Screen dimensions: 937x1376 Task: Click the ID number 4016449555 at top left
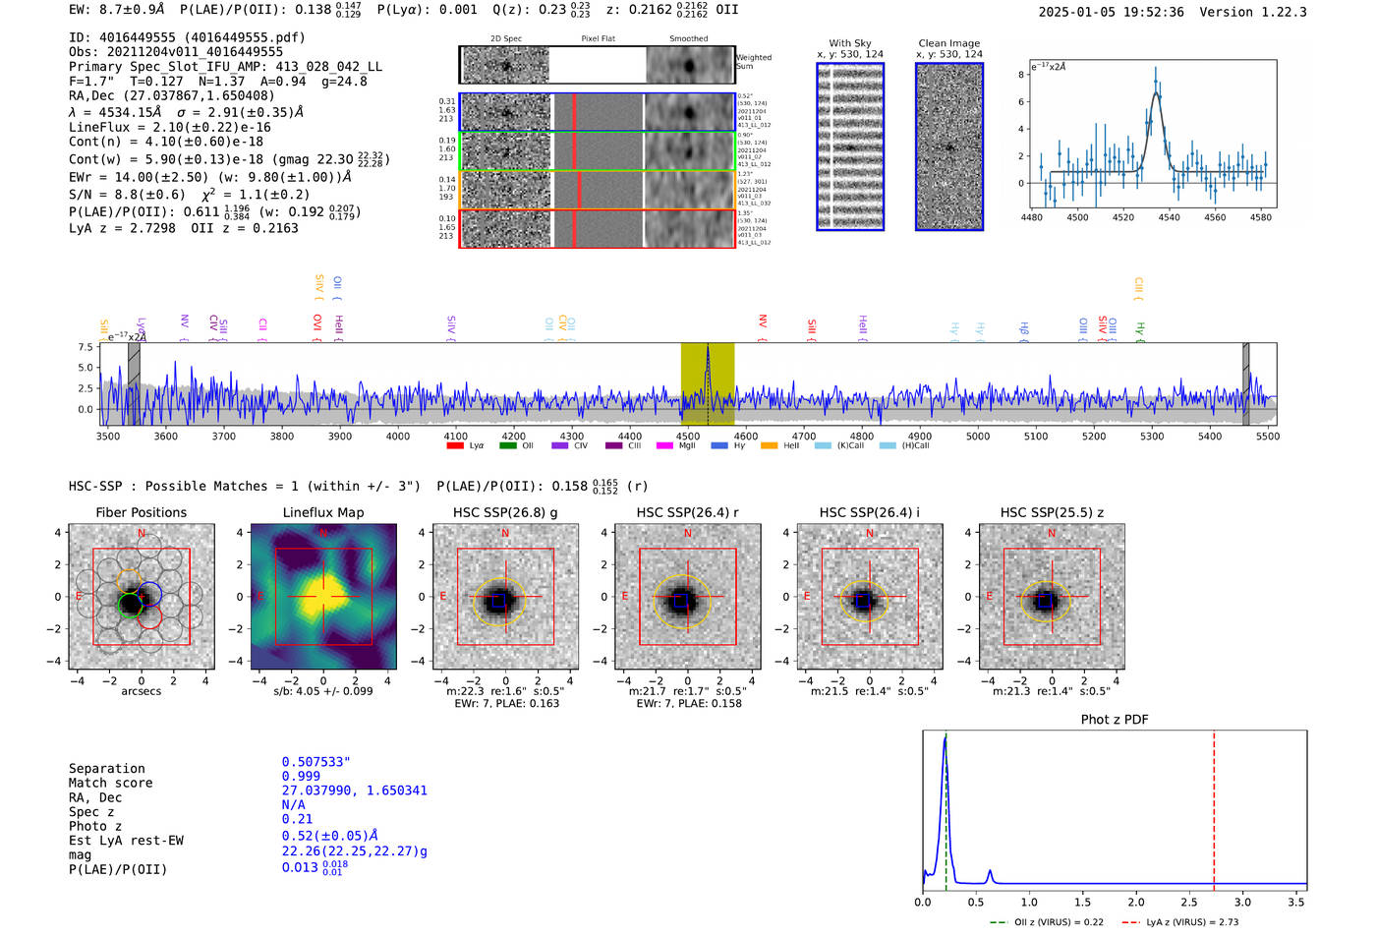tap(138, 37)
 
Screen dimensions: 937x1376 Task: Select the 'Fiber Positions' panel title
tap(141, 512)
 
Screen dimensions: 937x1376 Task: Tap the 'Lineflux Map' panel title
tap(323, 512)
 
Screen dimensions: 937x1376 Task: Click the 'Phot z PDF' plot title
tap(1115, 720)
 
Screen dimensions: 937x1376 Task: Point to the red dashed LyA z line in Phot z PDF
tap(1214, 806)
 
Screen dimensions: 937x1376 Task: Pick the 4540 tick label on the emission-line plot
tap(1169, 217)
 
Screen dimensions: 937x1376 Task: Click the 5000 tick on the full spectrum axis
tap(978, 436)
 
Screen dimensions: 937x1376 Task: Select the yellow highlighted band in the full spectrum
tap(708, 383)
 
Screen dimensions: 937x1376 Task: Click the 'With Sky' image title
tap(850, 43)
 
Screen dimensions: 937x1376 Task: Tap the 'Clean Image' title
tap(949, 43)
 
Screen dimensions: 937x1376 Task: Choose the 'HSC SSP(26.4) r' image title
tap(687, 512)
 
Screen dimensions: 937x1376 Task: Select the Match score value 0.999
tap(301, 776)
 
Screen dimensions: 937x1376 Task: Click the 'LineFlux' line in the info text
tap(170, 127)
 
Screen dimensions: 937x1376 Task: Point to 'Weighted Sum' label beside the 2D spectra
tap(753, 62)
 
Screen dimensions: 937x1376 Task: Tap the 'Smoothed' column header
tap(688, 39)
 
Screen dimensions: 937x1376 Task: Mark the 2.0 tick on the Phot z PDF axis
tap(1136, 902)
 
